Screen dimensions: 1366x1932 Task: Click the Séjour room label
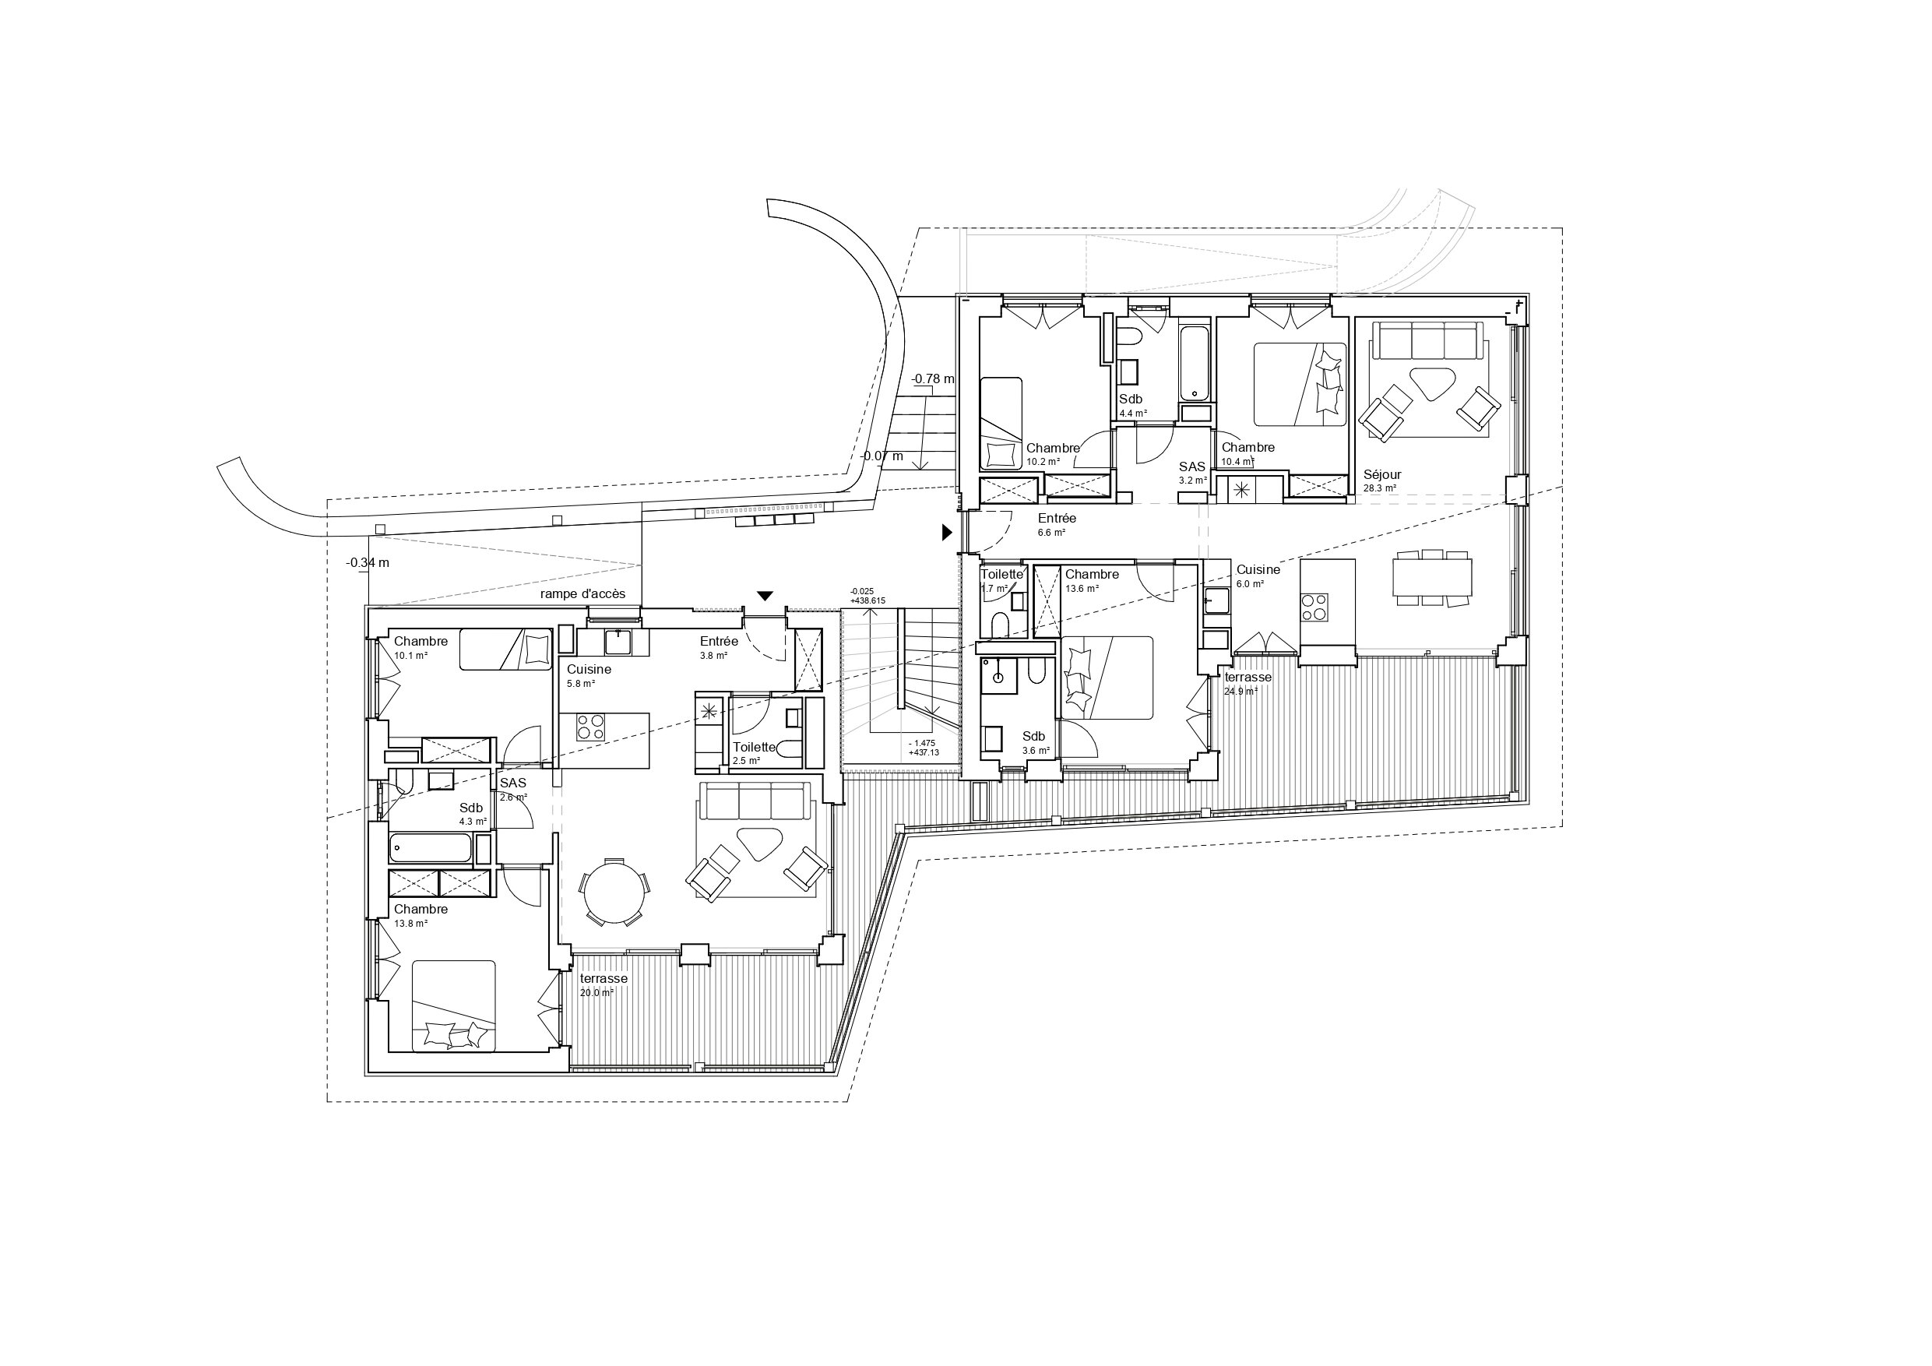click(1381, 475)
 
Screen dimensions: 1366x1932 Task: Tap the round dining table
click(614, 892)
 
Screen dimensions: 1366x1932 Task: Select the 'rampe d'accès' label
click(582, 593)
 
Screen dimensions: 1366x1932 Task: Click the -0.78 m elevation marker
click(932, 378)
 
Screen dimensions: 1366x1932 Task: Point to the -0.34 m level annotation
click(367, 562)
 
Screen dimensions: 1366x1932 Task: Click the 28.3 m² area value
click(1379, 488)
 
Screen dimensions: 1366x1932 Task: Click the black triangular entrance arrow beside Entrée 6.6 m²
click(946, 532)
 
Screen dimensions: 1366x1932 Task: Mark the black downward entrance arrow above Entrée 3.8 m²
click(764, 596)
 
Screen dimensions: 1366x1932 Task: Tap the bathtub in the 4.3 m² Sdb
click(430, 847)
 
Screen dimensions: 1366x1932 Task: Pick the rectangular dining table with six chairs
click(1432, 577)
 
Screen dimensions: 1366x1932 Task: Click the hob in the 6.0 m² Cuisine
click(1314, 607)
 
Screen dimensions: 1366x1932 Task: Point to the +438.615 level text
click(867, 601)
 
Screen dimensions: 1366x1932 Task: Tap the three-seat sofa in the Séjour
click(1428, 340)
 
